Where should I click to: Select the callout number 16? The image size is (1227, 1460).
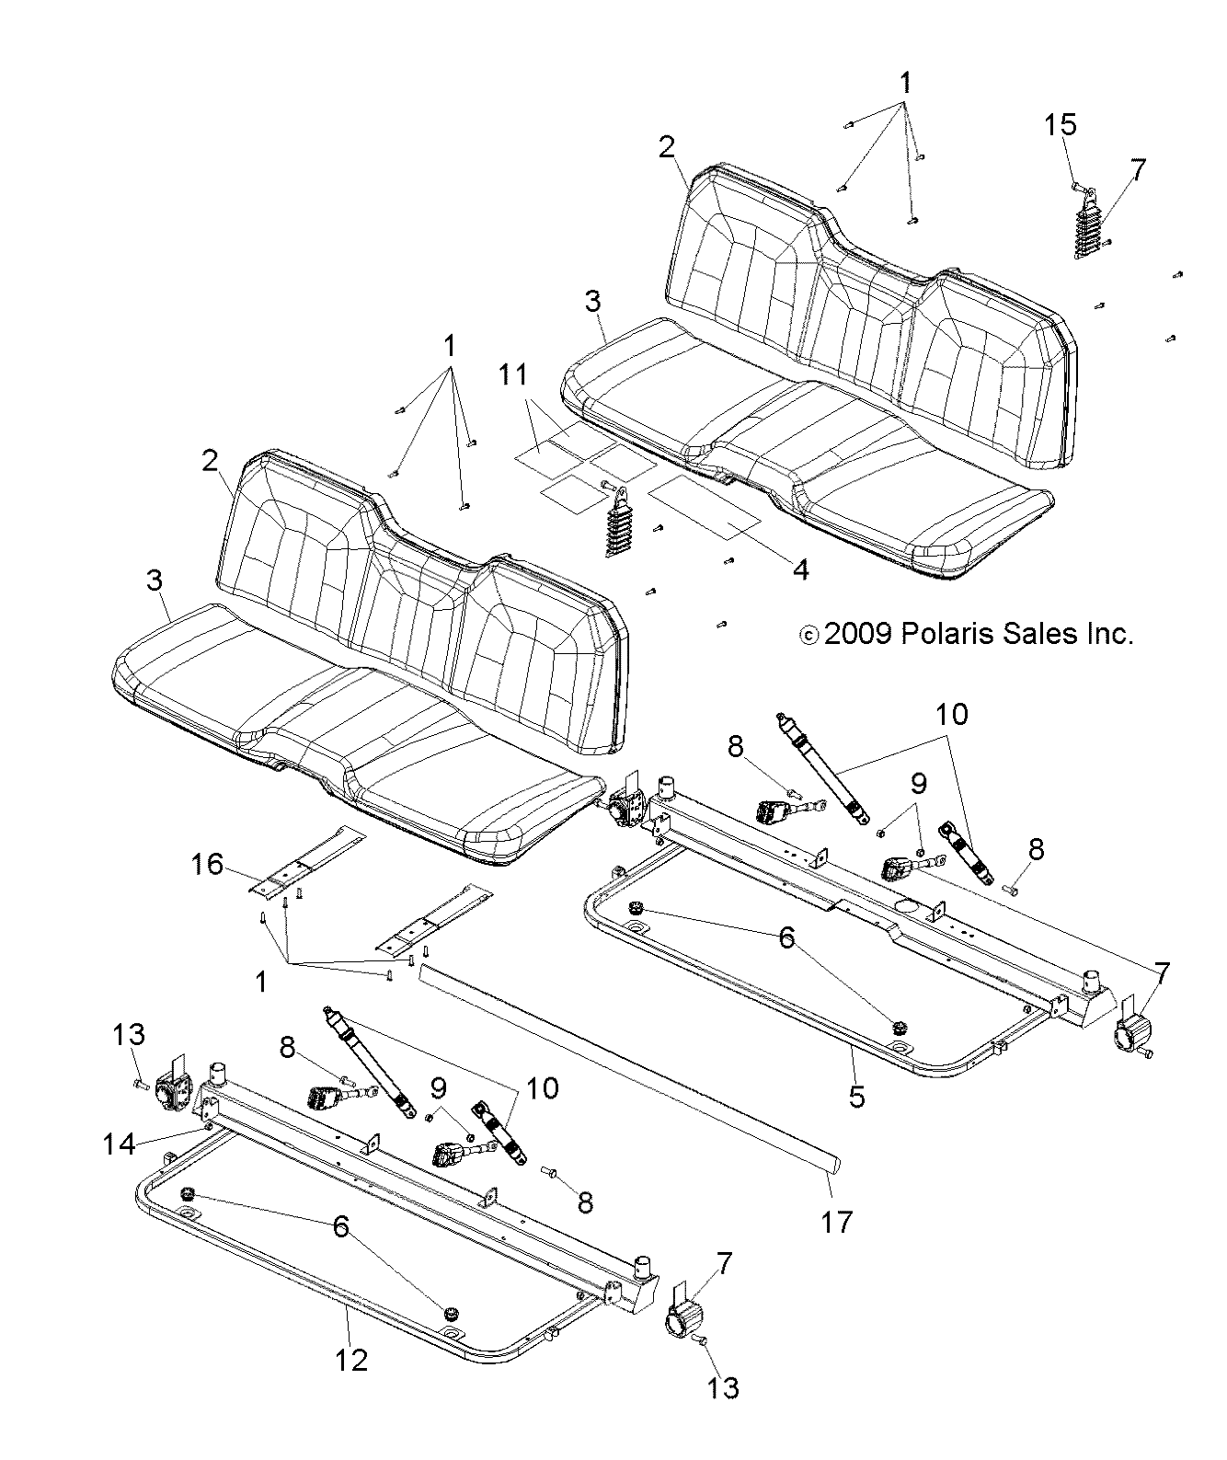pyautogui.click(x=208, y=864)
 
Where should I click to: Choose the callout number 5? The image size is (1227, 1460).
pyautogui.click(x=856, y=1096)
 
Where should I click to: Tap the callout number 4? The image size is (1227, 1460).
pyautogui.click(x=800, y=570)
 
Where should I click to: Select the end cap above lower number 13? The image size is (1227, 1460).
pyautogui.click(x=684, y=1322)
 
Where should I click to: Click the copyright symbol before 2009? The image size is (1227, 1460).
pyautogui.click(x=809, y=635)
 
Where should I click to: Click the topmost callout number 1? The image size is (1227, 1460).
pyautogui.click(x=906, y=84)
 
